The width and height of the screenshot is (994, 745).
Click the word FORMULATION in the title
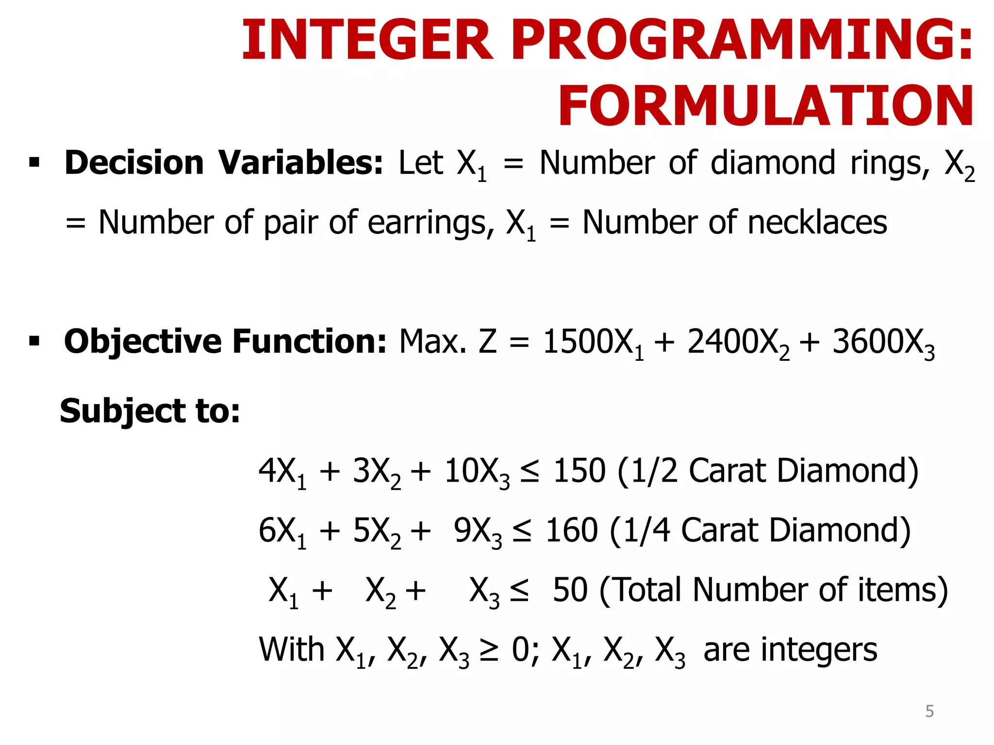coord(766,106)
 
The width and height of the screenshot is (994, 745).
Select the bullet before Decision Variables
coord(34,162)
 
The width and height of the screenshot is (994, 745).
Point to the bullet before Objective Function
coord(34,341)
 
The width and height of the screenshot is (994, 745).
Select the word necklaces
coord(817,223)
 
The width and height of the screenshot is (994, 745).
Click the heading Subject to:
coord(149,411)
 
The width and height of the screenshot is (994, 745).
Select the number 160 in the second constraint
coord(572,530)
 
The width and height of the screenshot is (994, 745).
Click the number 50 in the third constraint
coord(570,590)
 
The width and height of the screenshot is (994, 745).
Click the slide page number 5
coord(929,711)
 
